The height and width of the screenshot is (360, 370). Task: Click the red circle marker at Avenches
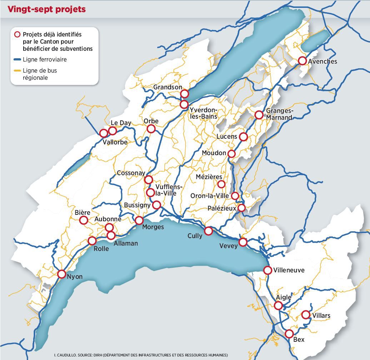(x=302, y=61)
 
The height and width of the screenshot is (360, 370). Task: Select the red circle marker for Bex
(x=289, y=334)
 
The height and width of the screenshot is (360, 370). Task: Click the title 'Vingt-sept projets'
(x=47, y=9)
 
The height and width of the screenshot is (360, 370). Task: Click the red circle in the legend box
(x=17, y=35)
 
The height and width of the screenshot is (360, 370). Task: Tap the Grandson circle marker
(x=184, y=94)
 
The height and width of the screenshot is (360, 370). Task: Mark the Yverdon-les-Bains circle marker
(x=184, y=104)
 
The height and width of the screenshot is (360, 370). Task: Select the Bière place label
(x=82, y=212)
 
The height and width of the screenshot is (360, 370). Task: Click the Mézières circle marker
(x=221, y=184)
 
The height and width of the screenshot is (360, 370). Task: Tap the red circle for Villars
(x=305, y=315)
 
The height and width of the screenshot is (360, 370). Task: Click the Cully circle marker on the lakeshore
(x=209, y=231)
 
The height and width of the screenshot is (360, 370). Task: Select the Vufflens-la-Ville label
(x=169, y=190)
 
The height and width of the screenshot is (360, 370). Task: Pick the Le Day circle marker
(x=112, y=130)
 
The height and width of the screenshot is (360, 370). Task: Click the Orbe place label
(x=151, y=121)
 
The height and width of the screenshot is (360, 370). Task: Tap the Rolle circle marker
(x=92, y=241)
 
